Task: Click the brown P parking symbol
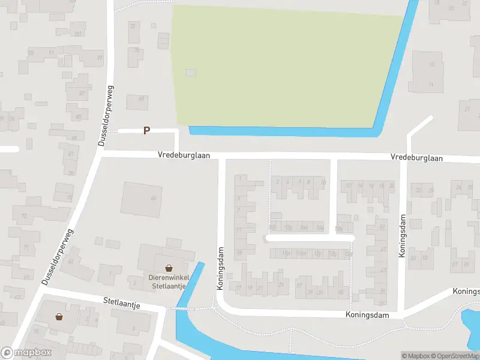[x=146, y=130]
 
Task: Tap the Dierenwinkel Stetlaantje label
[x=168, y=281]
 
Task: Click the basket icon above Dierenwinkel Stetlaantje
[x=169, y=268]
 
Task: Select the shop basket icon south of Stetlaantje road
[x=59, y=316]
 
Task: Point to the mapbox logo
[x=26, y=353]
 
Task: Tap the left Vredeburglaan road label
[x=184, y=155]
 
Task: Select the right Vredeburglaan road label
[x=416, y=158]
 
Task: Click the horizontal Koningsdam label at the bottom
[x=367, y=315]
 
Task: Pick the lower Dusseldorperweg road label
[x=58, y=256]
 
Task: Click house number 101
[x=77, y=33]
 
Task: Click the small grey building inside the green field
[x=190, y=73]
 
